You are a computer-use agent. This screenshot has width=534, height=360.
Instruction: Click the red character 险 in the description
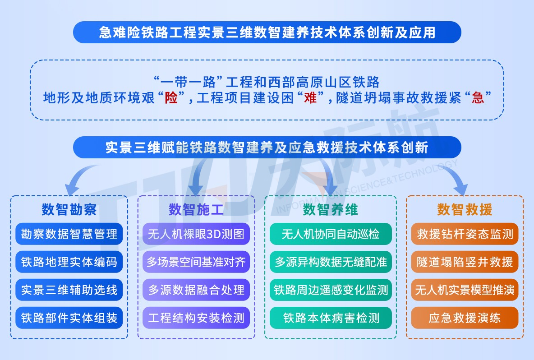(x=171, y=98)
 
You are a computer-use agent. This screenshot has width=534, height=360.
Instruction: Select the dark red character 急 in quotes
(x=478, y=98)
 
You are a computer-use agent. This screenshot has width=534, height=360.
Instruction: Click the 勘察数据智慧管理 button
(x=69, y=234)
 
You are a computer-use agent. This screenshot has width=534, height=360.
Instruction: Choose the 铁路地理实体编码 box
(x=69, y=262)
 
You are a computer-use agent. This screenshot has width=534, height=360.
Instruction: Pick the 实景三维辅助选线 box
(x=69, y=290)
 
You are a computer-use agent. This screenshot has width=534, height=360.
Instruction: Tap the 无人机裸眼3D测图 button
(x=196, y=234)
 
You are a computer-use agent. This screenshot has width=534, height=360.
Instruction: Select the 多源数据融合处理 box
(x=196, y=290)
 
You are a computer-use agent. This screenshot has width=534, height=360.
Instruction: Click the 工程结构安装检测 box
(x=196, y=318)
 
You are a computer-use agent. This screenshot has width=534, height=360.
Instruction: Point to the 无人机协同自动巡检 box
(x=331, y=234)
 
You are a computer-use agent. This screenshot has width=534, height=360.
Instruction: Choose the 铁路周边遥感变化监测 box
(x=331, y=290)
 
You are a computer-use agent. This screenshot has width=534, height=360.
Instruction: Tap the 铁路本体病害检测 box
(x=331, y=318)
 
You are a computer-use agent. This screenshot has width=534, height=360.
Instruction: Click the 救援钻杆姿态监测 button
(x=465, y=234)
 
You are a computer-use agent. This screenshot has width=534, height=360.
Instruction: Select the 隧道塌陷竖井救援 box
(x=465, y=262)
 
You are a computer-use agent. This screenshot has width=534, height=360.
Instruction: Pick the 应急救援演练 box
(x=465, y=318)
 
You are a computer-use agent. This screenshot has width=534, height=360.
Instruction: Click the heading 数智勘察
(x=69, y=209)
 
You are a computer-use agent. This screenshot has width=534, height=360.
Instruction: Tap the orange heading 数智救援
(x=465, y=209)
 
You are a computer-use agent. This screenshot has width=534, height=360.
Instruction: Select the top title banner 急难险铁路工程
(x=267, y=32)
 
